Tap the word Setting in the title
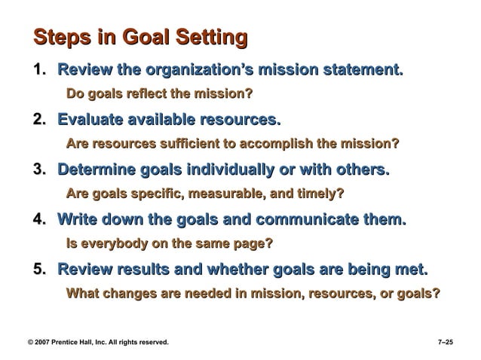point(211,38)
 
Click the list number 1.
point(39,72)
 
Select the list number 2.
point(39,121)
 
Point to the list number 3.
point(39,169)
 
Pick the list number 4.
point(39,220)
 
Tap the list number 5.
point(39,269)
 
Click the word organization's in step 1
point(199,72)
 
